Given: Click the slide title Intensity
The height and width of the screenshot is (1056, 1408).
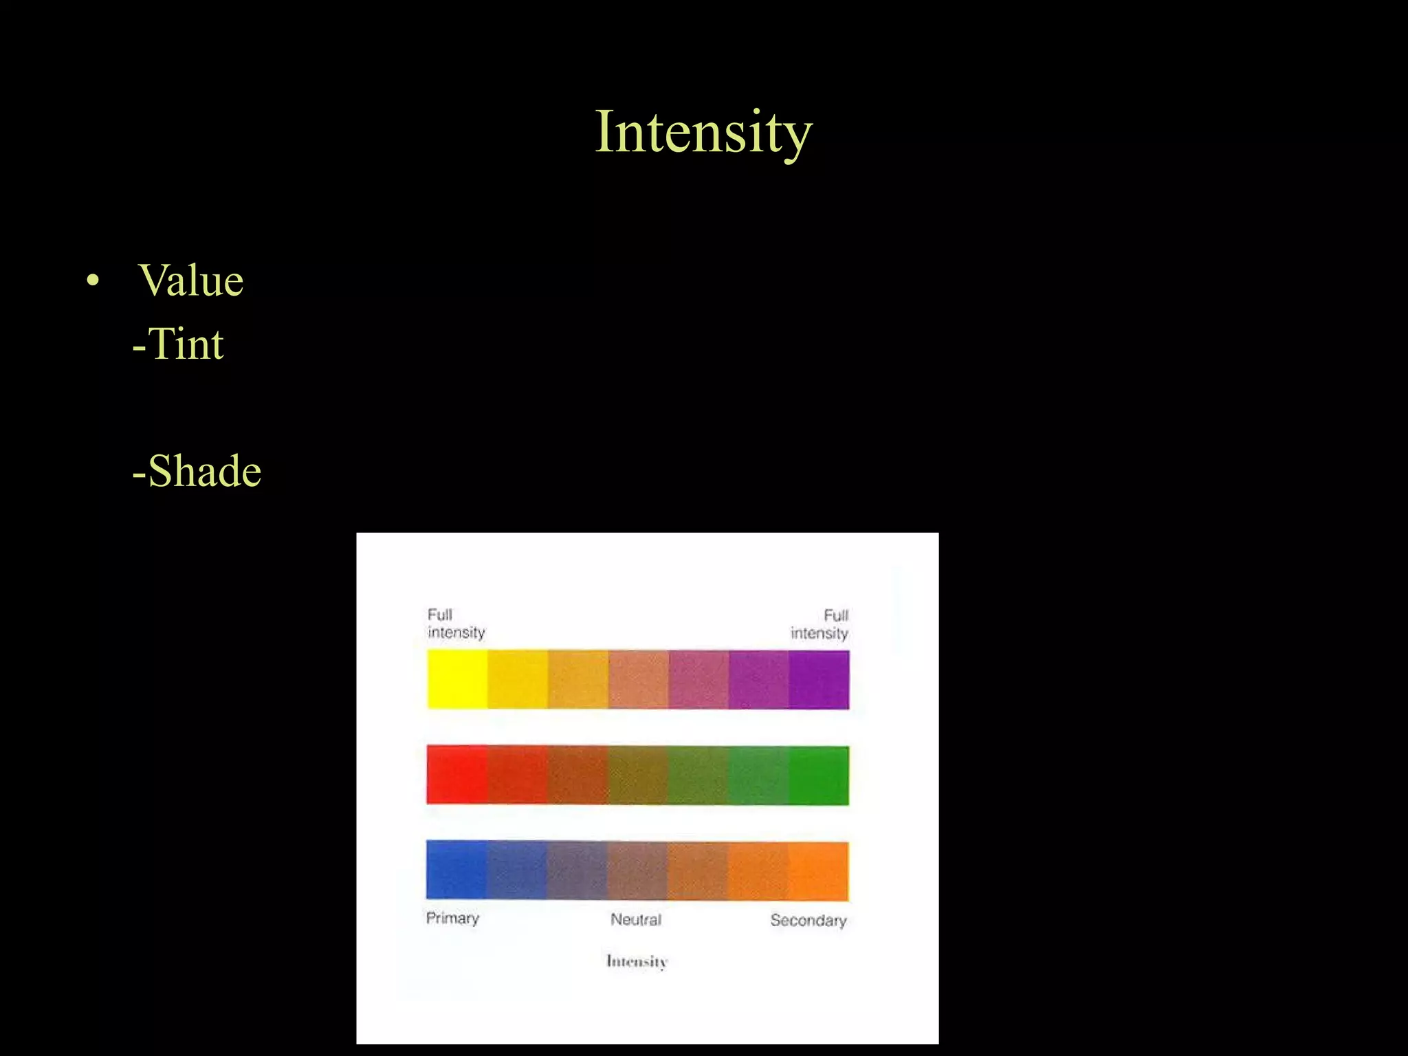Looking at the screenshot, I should pos(703,132).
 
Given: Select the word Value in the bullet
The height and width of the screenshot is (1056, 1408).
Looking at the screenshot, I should pos(190,280).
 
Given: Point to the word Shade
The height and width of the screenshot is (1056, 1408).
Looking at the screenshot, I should pos(203,471).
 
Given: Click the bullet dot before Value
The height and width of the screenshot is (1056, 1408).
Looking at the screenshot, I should pos(93,280).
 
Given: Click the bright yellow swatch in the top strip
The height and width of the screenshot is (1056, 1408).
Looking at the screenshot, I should pos(457,679).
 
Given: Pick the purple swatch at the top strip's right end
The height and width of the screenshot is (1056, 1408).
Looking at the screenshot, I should pos(819,679).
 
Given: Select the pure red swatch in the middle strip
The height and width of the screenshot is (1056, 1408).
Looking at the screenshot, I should pos(456,774).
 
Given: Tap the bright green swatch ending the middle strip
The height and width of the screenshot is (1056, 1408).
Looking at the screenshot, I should pos(819,775).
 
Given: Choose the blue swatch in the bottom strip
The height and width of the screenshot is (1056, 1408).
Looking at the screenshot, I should pos(456,870).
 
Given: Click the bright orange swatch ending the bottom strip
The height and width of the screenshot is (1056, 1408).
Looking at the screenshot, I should pos(819,870).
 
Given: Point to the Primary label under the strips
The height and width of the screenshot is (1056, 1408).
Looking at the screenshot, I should pos(452,918).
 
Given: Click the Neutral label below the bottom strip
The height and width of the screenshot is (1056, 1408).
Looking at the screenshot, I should pos(636,919).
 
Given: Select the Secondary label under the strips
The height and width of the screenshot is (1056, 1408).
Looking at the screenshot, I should pos(808,920).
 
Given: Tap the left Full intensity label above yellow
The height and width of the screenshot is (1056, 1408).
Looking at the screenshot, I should pos(456,624).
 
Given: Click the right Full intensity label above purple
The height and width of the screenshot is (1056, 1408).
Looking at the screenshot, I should pos(819,624).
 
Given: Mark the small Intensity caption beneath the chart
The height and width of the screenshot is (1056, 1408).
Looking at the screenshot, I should pos(637,961).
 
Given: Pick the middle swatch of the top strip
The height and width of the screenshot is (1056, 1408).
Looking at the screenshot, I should pos(638,679).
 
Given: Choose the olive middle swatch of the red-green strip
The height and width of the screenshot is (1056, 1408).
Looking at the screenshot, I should pos(638,775).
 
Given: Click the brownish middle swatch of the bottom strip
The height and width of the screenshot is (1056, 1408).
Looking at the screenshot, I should pos(637,870).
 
